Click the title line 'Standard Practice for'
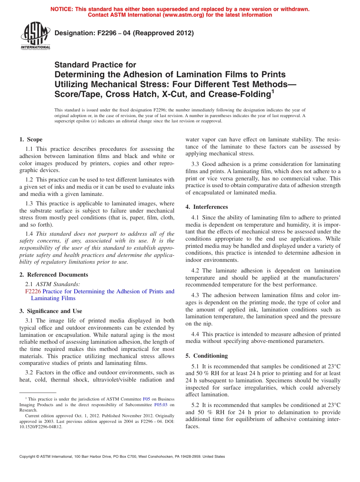pos(95,65)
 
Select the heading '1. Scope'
pos(31,139)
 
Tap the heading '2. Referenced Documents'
pos(54,275)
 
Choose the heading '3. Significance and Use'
pos(51,311)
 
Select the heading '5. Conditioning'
pos(207,356)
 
